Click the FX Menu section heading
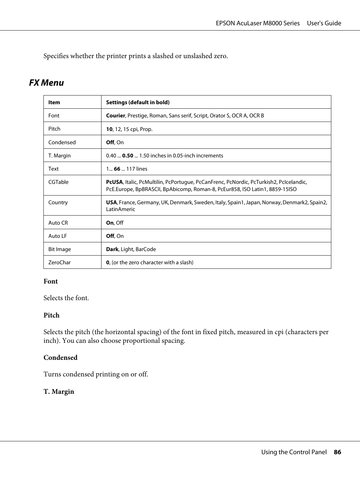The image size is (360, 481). click(x=46, y=83)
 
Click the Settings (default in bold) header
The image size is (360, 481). click(x=138, y=102)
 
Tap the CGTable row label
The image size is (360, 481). click(x=58, y=182)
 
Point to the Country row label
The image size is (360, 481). click(x=58, y=202)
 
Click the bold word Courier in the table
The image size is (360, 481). click(x=115, y=116)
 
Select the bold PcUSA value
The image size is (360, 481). click(x=114, y=182)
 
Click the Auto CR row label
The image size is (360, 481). click(x=58, y=223)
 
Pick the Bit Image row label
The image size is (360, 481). click(x=60, y=249)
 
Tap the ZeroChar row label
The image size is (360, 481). click(x=60, y=262)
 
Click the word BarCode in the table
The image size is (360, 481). click(x=146, y=249)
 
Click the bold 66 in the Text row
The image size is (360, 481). click(x=117, y=169)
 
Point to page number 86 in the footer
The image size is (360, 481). click(x=337, y=452)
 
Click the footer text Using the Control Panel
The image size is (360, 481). click(x=294, y=452)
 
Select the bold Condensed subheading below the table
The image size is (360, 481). click(x=60, y=358)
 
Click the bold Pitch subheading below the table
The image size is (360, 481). click(x=52, y=315)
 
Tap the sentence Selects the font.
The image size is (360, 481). click(x=66, y=298)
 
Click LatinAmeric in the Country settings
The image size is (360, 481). click(x=120, y=209)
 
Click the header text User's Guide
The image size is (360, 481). click(x=324, y=23)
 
